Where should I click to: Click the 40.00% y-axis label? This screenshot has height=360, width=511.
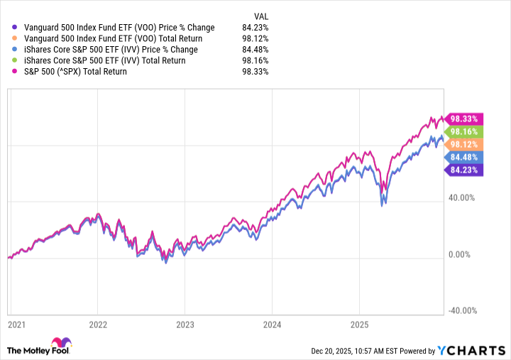pyautogui.click(x=464, y=198)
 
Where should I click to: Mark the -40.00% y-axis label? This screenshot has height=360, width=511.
pyautogui.click(x=463, y=310)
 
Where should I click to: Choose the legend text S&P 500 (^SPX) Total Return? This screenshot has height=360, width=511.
pyautogui.click(x=76, y=72)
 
